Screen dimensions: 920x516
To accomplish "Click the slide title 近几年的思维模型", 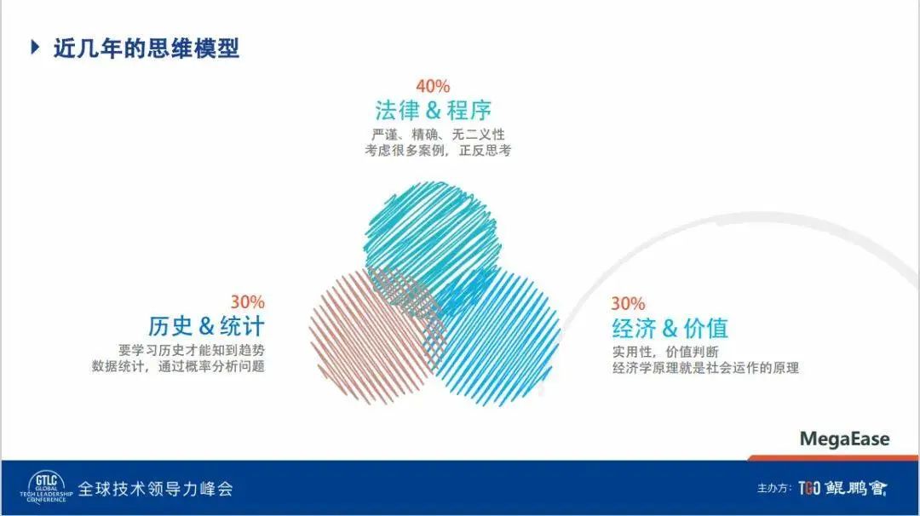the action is (x=147, y=48).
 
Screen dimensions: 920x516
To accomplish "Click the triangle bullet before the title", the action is (x=35, y=47).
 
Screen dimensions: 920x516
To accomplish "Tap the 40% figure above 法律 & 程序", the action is (x=433, y=86).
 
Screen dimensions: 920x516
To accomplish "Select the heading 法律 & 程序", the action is (x=433, y=110).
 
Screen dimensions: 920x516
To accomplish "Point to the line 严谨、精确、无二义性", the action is (x=438, y=135).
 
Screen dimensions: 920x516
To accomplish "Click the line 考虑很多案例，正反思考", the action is (x=438, y=151).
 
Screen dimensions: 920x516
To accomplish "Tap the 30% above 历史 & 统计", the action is (x=247, y=302).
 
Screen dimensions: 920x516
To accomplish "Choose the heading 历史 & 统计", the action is (x=206, y=326).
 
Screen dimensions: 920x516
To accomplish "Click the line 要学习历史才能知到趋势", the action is (x=192, y=351).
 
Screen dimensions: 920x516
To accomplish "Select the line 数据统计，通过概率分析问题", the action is (x=178, y=366).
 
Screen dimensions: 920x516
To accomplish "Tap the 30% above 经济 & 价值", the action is (x=628, y=303).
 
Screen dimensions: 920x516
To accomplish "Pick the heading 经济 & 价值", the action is (x=670, y=329).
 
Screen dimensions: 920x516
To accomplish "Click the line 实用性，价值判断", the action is (x=665, y=352).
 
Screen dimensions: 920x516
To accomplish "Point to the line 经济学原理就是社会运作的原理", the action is (x=705, y=368).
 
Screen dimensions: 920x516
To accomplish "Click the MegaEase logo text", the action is (x=844, y=439).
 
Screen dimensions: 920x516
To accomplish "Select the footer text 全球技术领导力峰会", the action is (x=156, y=489).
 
